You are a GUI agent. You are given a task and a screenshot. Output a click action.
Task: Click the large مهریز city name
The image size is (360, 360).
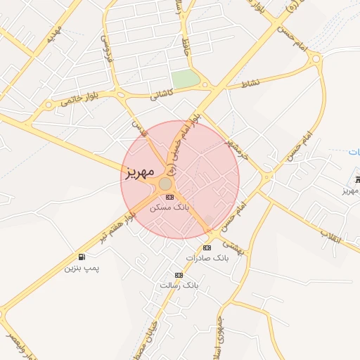140,172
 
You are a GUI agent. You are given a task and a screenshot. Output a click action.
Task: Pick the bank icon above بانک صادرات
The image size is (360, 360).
207,247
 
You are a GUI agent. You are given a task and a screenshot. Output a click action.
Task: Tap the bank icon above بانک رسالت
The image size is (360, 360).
179,275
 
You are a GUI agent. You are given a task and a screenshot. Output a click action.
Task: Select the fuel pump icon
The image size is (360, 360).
83,257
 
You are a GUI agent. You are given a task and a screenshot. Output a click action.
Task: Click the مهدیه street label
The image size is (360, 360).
52,34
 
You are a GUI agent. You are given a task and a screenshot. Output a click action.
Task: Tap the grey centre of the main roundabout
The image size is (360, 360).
165,184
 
